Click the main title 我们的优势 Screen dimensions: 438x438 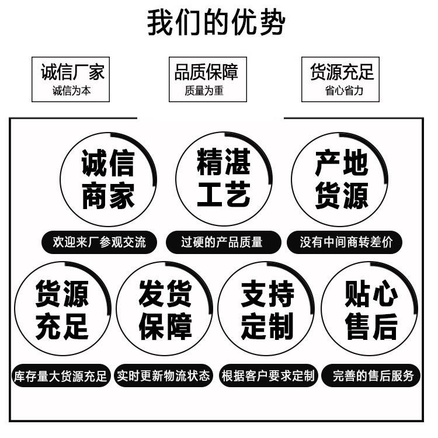pos(216,22)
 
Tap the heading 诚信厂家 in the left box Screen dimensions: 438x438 pos(72,72)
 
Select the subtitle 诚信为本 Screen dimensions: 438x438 pos(71,91)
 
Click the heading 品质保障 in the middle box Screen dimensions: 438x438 pos(206,72)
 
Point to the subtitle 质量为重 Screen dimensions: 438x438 pos(204,91)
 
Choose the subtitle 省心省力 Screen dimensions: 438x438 pos(344,91)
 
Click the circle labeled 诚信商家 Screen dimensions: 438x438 pos(61,179)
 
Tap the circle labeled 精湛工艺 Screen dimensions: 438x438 pos(176,179)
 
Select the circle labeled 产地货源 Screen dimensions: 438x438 pos(292,179)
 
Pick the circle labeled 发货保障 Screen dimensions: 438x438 pos(117,309)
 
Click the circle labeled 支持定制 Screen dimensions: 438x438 pos(218,309)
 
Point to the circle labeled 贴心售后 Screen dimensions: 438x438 pos(322,309)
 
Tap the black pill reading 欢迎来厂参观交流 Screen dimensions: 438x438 pos(99,242)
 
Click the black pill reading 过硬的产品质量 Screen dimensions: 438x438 pos(223,242)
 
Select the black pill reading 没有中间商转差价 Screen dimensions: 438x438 pos(345,242)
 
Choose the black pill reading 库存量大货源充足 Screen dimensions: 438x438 pos(61,376)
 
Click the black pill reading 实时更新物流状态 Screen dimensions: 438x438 pos(164,376)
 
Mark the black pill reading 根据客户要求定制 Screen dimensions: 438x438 pos(268,376)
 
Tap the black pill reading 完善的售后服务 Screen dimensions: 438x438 pos(371,376)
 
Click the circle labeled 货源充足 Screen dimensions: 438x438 pos(15,309)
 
